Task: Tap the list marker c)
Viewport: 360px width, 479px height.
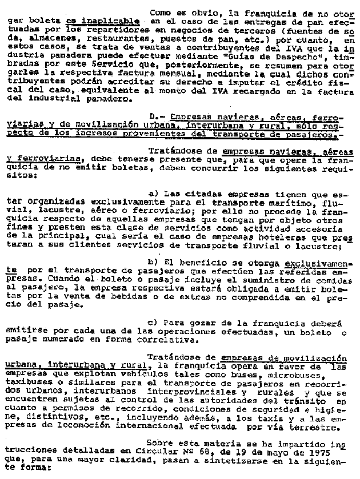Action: [152, 322]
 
